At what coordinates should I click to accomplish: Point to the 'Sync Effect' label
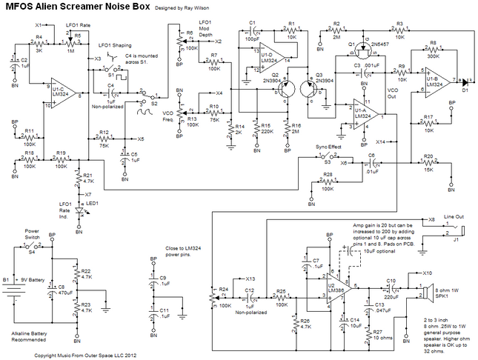coord(325,147)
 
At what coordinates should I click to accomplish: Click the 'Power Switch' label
coord(32,233)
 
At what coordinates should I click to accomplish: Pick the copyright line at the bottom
coord(79,354)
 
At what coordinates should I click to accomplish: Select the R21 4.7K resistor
coord(79,179)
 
